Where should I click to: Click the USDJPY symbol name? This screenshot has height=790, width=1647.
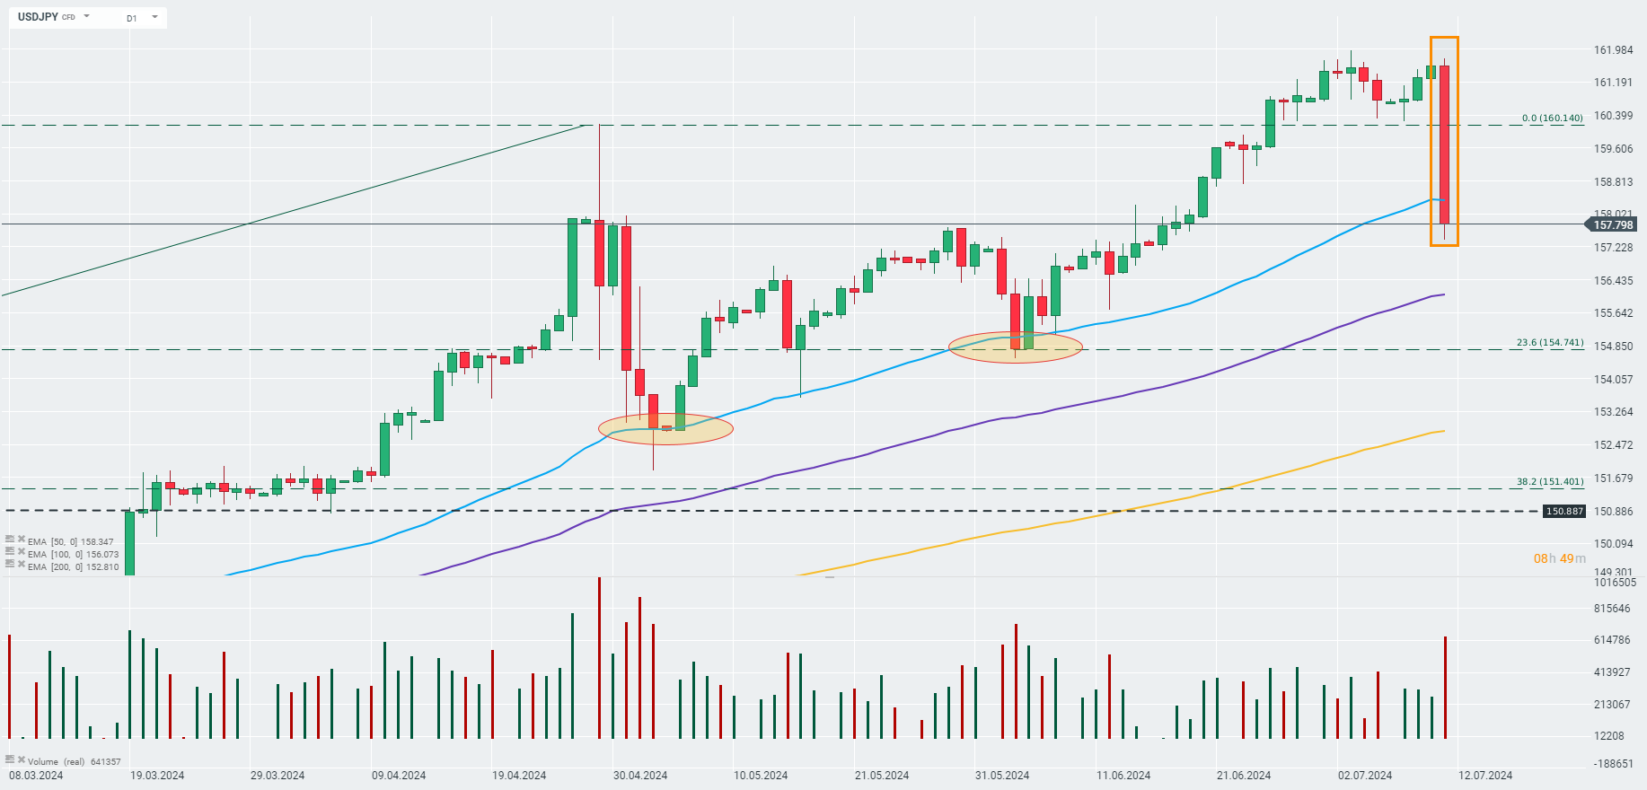(38, 17)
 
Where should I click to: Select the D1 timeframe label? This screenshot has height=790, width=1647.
(132, 18)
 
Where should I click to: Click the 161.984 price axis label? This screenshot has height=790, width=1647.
(1613, 50)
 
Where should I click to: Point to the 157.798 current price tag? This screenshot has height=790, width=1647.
(1613, 225)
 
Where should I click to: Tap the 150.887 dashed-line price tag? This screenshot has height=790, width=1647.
(1563, 512)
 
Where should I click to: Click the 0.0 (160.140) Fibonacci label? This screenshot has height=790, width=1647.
(1552, 118)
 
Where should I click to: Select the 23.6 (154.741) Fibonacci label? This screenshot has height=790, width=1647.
(1550, 343)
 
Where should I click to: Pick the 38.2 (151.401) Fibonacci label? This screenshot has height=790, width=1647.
(1550, 482)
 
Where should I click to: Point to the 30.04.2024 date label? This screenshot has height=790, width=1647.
(639, 776)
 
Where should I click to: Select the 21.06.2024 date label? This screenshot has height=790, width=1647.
(1243, 776)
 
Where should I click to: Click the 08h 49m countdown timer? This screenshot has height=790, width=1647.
(1559, 558)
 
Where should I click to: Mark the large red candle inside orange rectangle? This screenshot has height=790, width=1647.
(1444, 144)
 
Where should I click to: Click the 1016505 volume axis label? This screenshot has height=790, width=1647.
(1615, 583)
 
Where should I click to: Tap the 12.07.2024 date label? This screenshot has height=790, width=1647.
(1485, 776)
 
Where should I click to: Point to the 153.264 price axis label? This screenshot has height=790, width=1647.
(1613, 412)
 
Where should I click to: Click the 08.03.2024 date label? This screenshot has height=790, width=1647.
(36, 776)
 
